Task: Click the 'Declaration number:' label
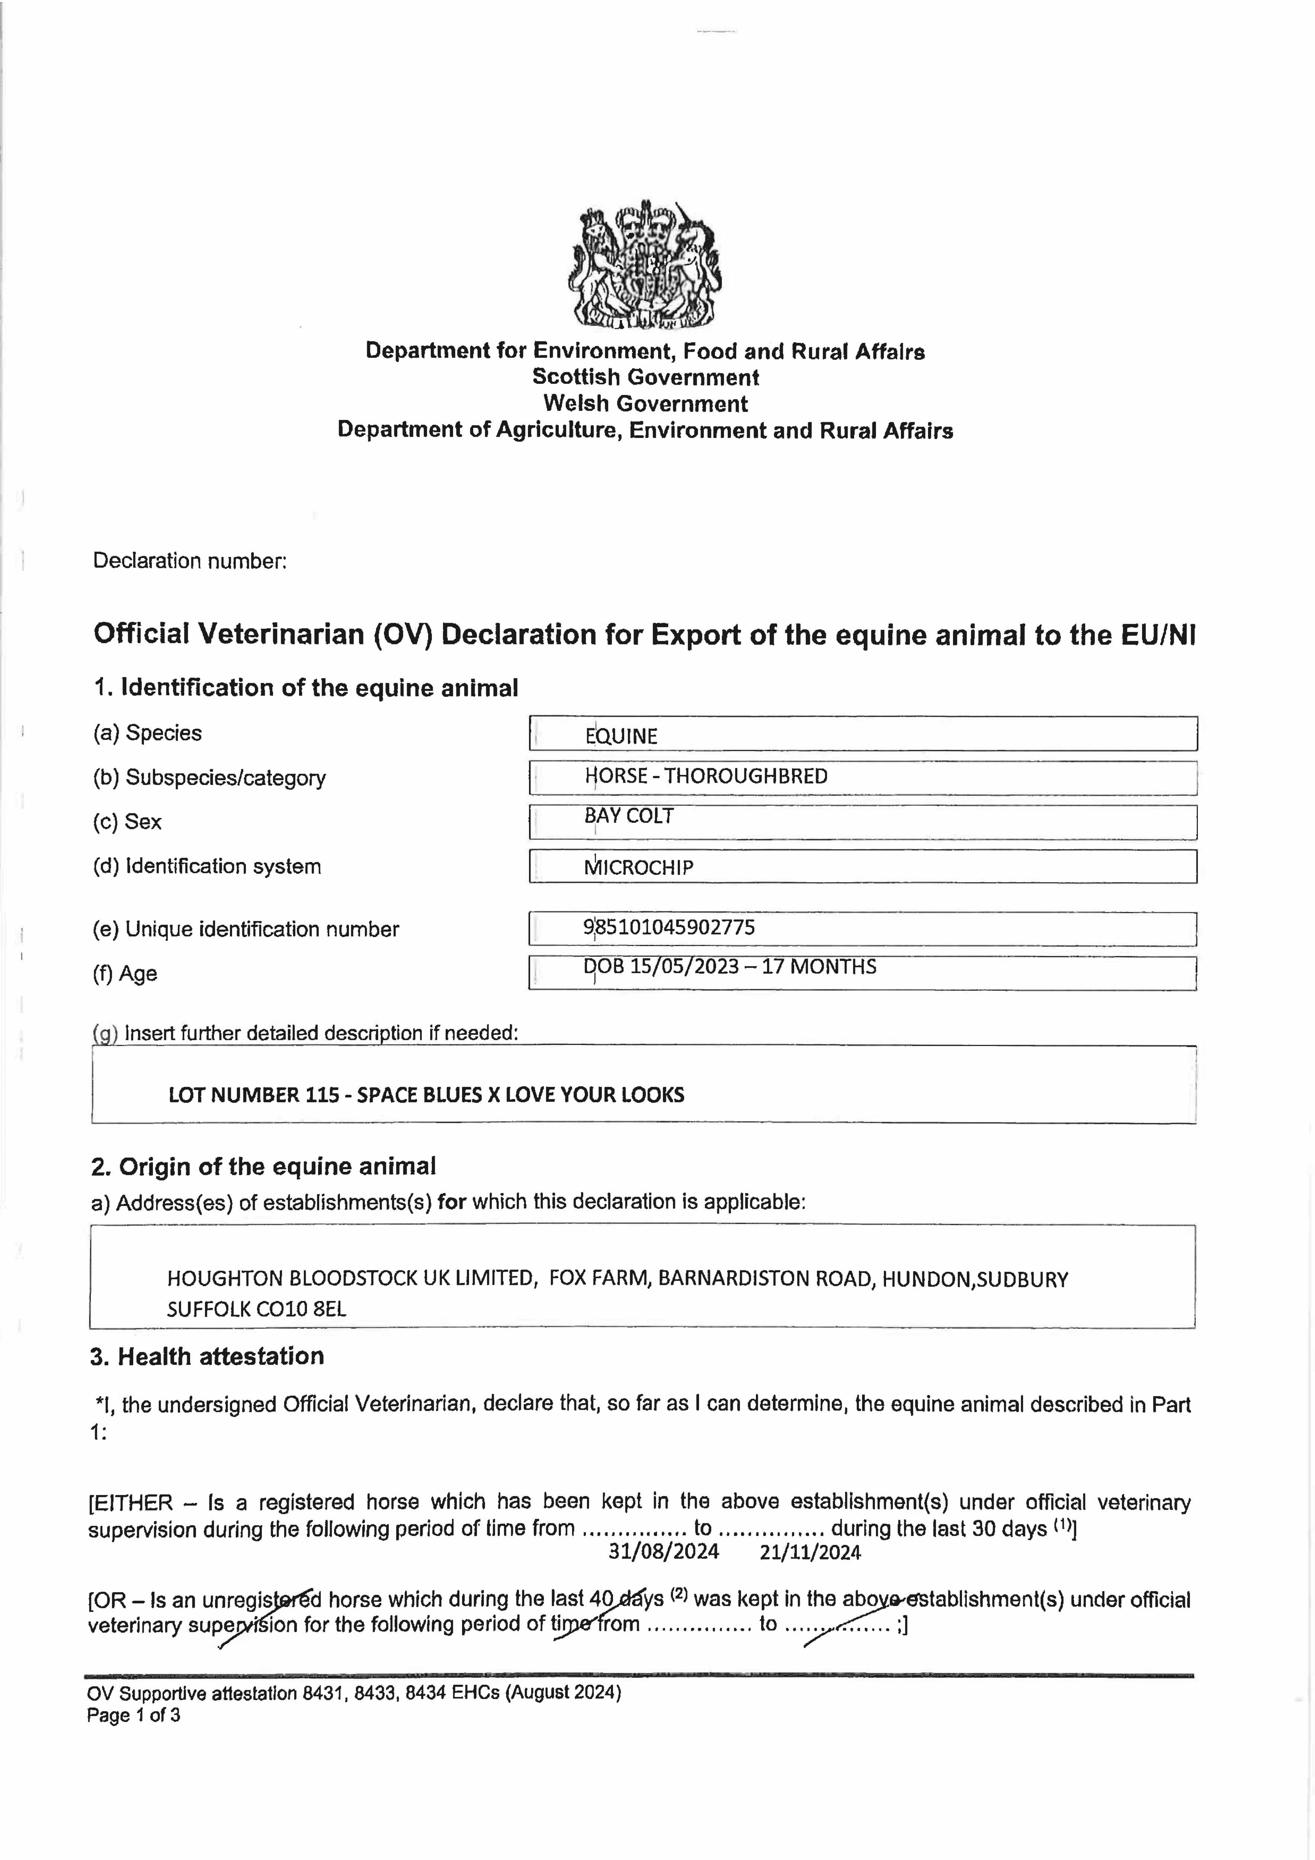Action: pyautogui.click(x=190, y=561)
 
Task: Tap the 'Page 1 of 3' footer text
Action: pyautogui.click(x=134, y=1715)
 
